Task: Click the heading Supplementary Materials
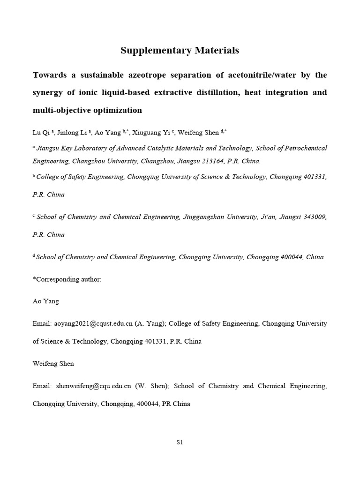[x=180, y=51]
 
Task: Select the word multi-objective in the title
[x=60, y=111]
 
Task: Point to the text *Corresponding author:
[x=67, y=279]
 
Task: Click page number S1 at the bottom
[x=180, y=442]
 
